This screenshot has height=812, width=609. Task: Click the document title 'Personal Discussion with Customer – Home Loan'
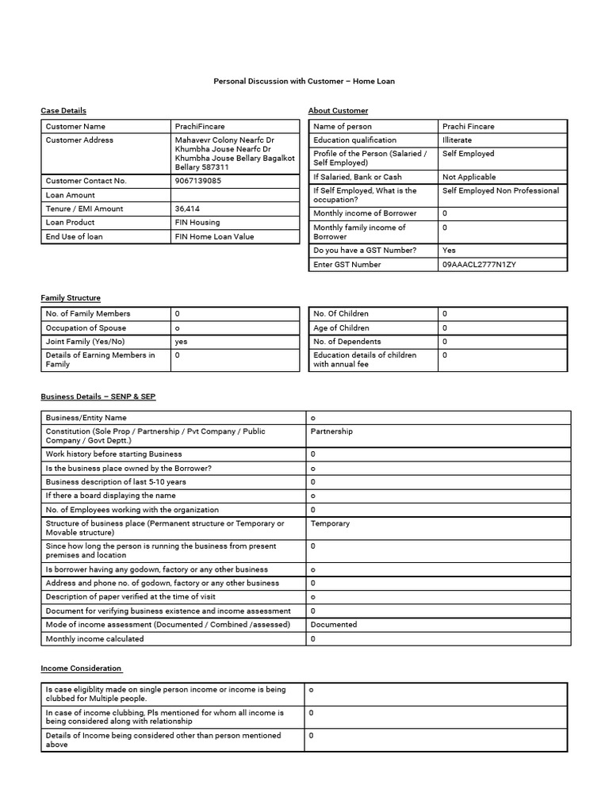(304, 81)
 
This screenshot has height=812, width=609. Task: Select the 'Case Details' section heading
(63, 110)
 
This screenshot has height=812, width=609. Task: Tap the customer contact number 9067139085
(198, 181)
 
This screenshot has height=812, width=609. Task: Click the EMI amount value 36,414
(188, 209)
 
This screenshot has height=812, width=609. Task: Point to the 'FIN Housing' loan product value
(197, 223)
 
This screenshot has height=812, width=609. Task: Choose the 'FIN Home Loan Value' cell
(214, 236)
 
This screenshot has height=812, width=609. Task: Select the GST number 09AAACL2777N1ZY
(479, 264)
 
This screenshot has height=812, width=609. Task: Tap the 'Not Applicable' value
(469, 177)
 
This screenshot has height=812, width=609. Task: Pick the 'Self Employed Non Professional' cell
(500, 190)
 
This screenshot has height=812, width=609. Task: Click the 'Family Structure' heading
(71, 297)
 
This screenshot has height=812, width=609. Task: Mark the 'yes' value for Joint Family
(181, 342)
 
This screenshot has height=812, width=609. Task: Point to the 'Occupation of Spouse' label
(86, 327)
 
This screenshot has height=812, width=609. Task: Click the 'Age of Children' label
(341, 327)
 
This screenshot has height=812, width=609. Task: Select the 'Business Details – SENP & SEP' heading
(98, 396)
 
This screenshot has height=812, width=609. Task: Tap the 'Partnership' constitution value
(331, 431)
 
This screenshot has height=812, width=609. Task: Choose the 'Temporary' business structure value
(330, 523)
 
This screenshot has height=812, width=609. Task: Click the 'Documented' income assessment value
(334, 625)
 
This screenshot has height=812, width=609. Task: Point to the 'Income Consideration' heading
(81, 668)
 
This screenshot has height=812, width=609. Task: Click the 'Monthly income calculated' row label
(94, 638)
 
